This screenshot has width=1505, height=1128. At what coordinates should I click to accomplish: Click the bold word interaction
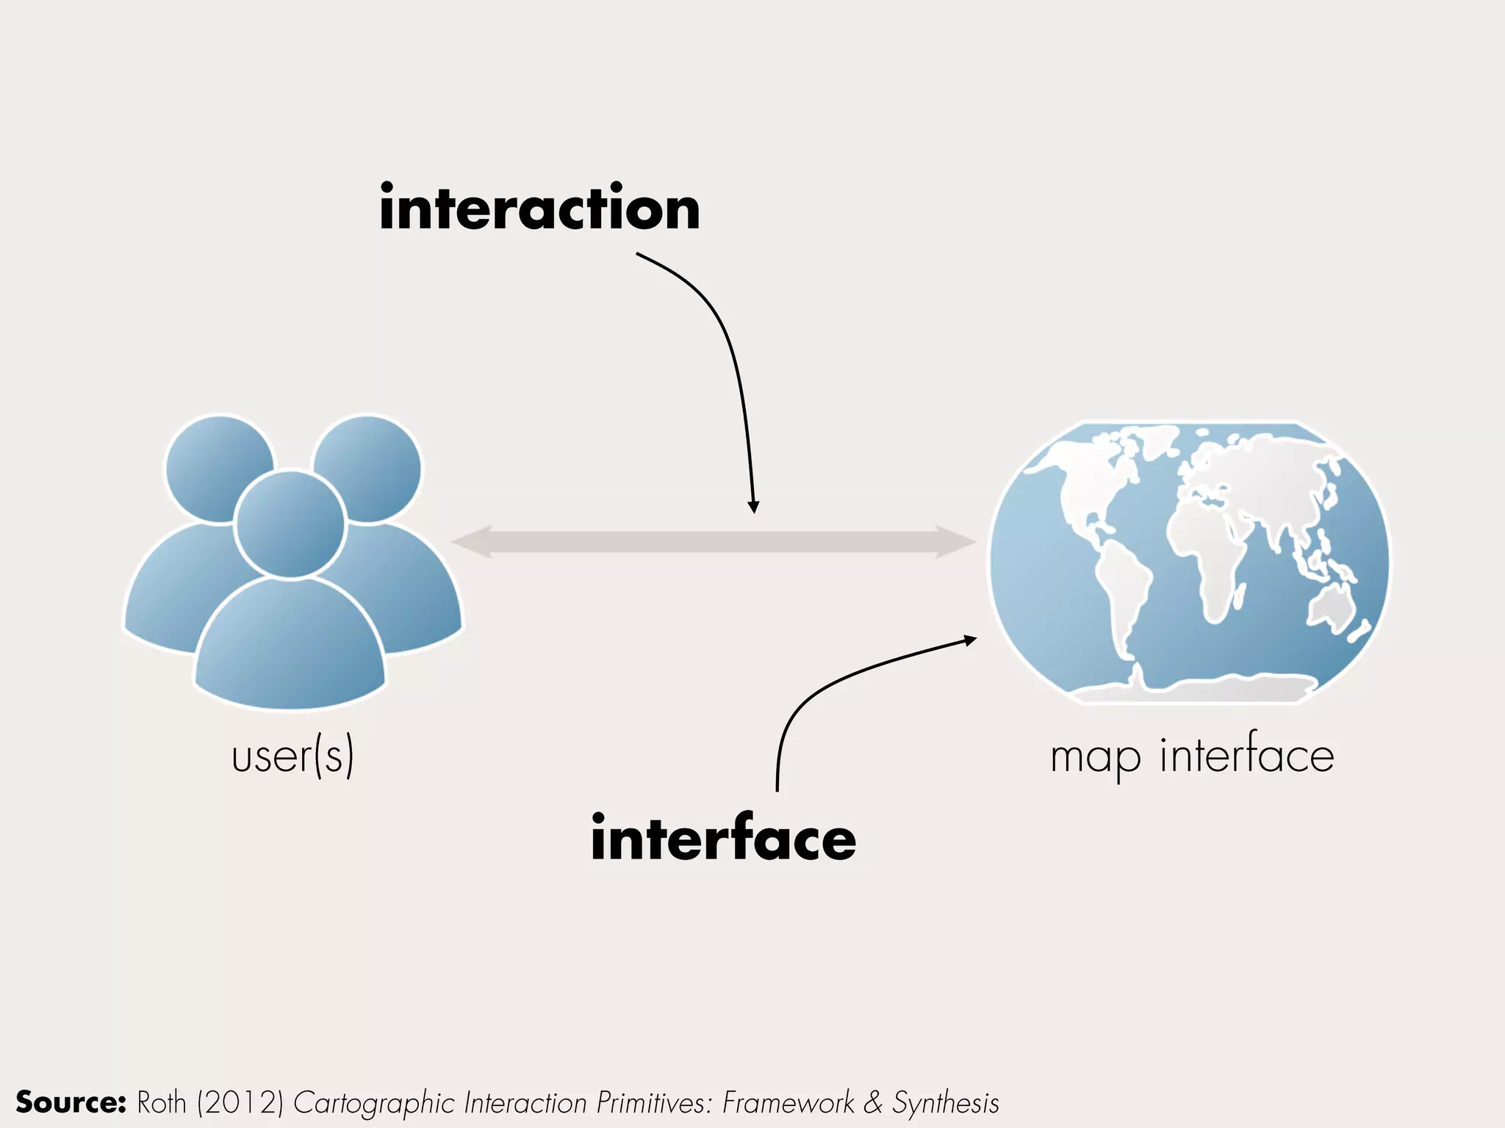(539, 209)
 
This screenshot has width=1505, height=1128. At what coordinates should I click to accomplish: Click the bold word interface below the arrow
(723, 839)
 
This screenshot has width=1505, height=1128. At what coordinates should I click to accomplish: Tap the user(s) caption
(292, 756)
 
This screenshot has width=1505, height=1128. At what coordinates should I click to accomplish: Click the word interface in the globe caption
(1246, 755)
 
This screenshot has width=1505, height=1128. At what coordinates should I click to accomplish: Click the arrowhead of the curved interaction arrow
(753, 507)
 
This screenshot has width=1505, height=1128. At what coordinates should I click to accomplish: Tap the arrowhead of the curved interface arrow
(970, 640)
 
